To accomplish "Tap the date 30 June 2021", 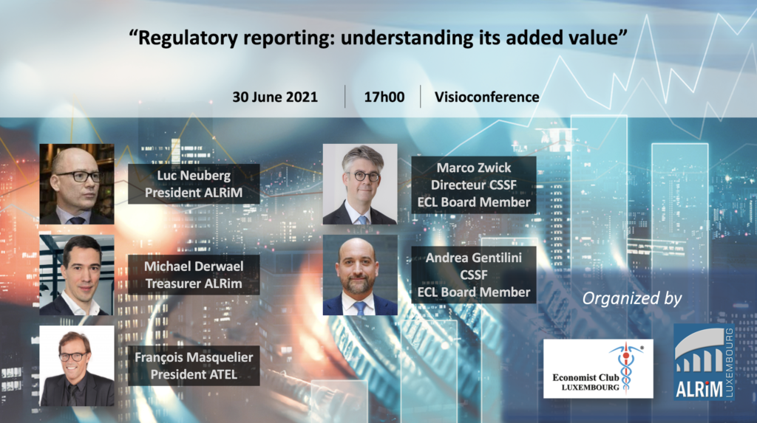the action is click(x=275, y=97).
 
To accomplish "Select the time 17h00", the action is click(x=384, y=97).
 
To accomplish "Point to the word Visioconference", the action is click(x=486, y=97).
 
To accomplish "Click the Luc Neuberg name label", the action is click(x=194, y=184).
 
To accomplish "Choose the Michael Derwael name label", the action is click(x=194, y=275).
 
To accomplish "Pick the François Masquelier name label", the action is click(x=194, y=365).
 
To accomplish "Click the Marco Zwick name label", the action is click(x=474, y=185).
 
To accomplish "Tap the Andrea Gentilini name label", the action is click(x=474, y=275).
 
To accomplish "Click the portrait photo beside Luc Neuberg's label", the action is click(x=77, y=184).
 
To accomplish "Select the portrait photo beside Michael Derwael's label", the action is click(x=77, y=275).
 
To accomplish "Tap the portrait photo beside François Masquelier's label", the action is click(x=77, y=365).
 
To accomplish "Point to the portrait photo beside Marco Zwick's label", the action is click(x=360, y=184).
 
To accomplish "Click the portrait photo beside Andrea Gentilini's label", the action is click(x=360, y=275).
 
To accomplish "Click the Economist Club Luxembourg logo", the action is click(x=598, y=368).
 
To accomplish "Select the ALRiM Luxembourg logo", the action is click(x=705, y=362).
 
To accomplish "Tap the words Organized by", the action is click(x=632, y=298).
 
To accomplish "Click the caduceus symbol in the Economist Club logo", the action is click(x=625, y=368).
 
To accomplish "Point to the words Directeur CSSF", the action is click(x=474, y=185).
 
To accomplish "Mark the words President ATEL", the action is click(x=194, y=374).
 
